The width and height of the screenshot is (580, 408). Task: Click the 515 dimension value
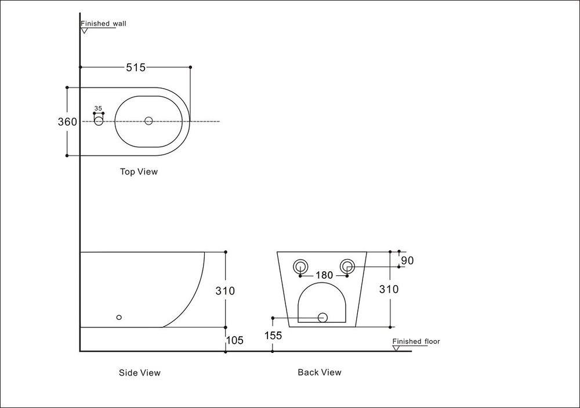pos(136,67)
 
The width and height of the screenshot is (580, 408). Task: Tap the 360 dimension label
pos(67,122)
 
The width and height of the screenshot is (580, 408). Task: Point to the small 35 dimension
pos(98,108)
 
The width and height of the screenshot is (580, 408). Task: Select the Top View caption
pos(139,172)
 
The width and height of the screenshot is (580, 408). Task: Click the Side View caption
pos(139,373)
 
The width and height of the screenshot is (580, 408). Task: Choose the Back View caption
pos(320,372)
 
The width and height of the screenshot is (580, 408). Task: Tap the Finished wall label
pos(103,24)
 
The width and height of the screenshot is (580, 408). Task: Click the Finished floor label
pos(416,341)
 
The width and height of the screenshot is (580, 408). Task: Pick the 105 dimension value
pos(234,341)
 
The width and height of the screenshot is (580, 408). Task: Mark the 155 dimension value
pos(273,335)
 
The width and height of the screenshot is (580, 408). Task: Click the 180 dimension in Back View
pos(324,275)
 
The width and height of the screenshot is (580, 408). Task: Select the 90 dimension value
pos(407,261)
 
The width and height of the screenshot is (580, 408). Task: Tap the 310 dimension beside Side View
pos(225,291)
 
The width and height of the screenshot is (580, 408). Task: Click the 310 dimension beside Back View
pos(389,289)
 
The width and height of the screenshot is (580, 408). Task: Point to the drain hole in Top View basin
pos(148,121)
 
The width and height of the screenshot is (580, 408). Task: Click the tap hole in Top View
pos(99,121)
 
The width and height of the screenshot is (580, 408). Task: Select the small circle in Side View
pos(119,317)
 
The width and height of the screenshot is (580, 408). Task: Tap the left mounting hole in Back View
pos(300,267)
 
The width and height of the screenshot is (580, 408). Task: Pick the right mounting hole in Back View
pos(347,267)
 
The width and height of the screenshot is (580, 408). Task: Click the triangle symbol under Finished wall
pos(84,30)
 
